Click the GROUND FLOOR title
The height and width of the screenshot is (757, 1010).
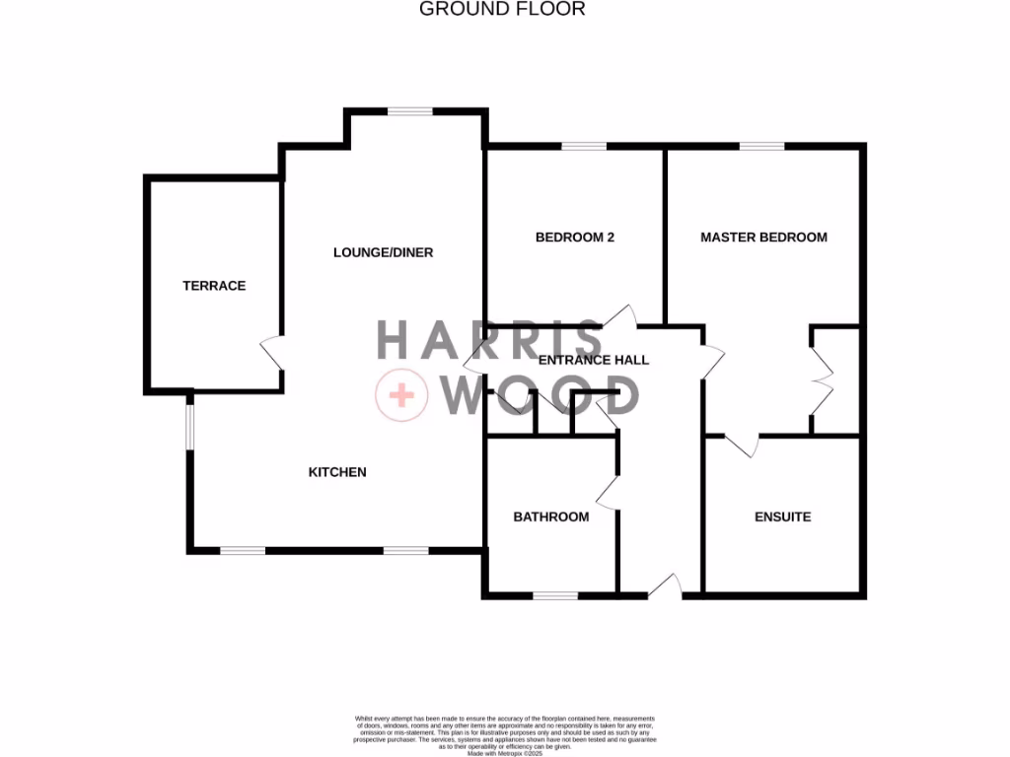[502, 9]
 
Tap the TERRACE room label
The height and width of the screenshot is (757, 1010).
[214, 286]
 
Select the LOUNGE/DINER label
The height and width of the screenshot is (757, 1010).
[383, 252]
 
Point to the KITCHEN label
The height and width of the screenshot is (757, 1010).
[337, 472]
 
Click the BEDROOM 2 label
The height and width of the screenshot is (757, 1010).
[575, 237]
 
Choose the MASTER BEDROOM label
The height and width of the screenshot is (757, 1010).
[763, 237]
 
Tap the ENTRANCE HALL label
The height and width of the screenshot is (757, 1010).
[593, 360]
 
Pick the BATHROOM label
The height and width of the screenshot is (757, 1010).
[550, 516]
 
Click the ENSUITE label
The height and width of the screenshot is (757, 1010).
[782, 516]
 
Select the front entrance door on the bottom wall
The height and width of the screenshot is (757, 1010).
[665, 586]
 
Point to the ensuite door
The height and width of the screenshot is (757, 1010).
[741, 445]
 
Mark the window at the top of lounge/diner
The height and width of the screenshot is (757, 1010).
[409, 111]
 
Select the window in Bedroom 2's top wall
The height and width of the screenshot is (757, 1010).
[584, 147]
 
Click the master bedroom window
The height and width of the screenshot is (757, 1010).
[761, 147]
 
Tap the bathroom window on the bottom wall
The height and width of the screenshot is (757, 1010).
[555, 594]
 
